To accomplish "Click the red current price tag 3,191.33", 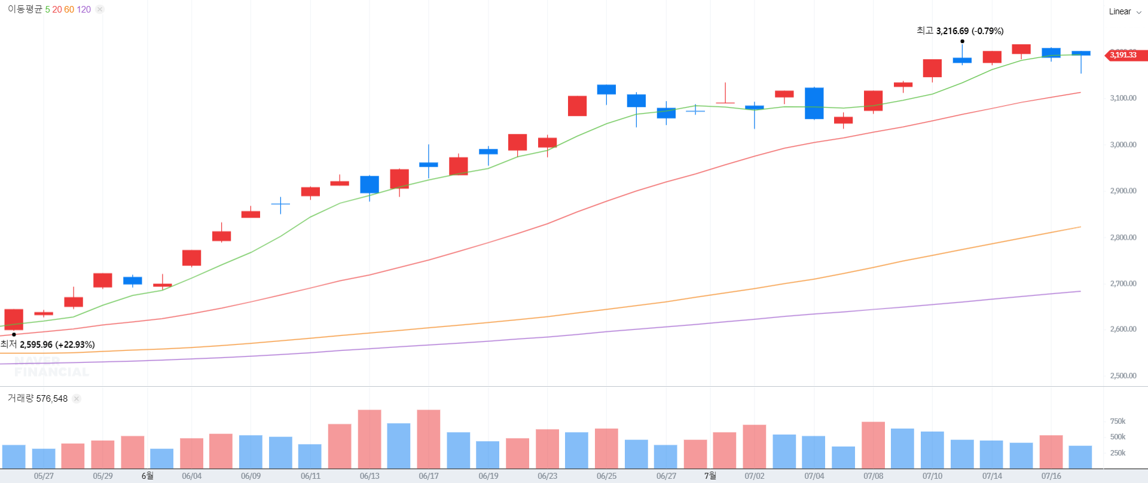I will click(x=1124, y=55).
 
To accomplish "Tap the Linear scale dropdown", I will click(x=1125, y=11).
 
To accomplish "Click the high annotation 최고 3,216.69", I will click(x=960, y=30).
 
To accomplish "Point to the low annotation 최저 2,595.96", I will click(x=48, y=344).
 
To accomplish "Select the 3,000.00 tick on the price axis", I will click(x=1123, y=145).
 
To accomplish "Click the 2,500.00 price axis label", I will click(x=1123, y=375).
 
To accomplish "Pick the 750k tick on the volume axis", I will click(x=1118, y=421).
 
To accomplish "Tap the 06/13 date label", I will click(x=370, y=476).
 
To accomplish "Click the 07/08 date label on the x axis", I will click(x=873, y=476).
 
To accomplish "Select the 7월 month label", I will click(x=710, y=476).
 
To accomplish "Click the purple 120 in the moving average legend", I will click(x=84, y=10).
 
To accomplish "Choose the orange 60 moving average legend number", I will click(x=69, y=10).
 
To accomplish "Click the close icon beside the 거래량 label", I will click(x=77, y=399).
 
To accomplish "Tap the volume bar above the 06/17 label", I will click(x=428, y=439).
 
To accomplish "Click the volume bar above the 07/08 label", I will click(x=873, y=445).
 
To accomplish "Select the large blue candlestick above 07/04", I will click(x=814, y=103).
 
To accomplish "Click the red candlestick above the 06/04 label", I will click(x=191, y=258).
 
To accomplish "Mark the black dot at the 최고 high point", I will click(x=962, y=41).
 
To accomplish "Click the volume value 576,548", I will click(x=52, y=399).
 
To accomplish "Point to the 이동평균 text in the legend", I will click(x=25, y=10).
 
